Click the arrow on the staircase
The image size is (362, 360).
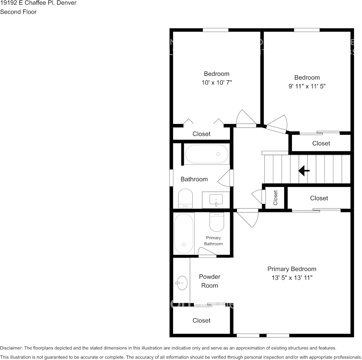304,171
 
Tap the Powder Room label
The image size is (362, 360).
210,281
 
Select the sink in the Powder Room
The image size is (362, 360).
182,283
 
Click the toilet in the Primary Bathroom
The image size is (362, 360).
216,222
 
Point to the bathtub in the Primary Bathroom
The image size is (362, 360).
184,233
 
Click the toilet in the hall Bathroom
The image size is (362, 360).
186,199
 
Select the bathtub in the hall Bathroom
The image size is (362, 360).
207,154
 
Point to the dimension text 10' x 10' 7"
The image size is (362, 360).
216,83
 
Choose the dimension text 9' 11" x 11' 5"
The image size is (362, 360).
307,86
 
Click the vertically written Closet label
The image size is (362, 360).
276,198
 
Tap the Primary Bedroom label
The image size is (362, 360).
292,269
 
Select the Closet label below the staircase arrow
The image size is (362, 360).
319,198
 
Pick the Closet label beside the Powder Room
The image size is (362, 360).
202,320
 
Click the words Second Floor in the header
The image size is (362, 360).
18,12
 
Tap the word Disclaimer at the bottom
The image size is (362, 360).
11,348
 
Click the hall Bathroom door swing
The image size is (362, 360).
226,178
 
